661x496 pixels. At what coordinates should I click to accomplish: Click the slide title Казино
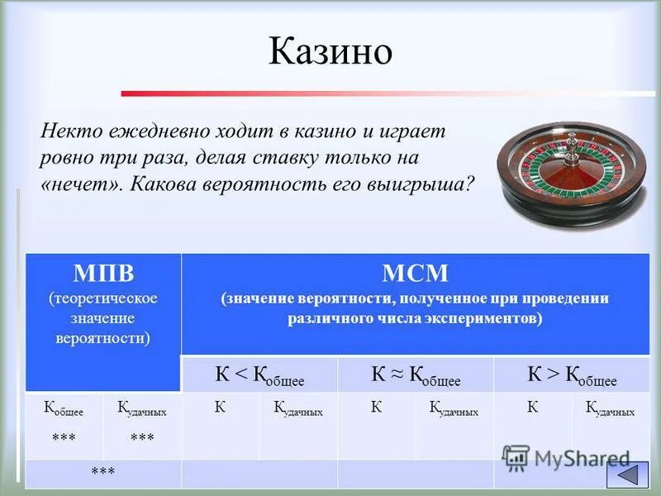pos(330,52)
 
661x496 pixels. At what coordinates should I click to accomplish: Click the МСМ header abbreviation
pos(415,274)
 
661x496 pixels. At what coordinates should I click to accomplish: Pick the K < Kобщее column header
pos(259,375)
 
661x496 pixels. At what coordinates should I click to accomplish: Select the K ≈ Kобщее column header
pos(416,375)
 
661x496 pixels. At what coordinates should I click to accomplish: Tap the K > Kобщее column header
pos(572,375)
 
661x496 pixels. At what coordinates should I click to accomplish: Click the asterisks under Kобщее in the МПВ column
pos(64,437)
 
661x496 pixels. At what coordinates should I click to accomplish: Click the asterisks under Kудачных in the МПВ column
pos(142,437)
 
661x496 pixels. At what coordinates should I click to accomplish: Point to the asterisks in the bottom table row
pos(103,472)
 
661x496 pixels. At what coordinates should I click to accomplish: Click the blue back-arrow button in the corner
pos(628,474)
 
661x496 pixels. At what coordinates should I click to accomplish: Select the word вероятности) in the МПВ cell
pos(103,339)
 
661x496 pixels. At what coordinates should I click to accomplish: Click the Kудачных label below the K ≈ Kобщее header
pos(454,411)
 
